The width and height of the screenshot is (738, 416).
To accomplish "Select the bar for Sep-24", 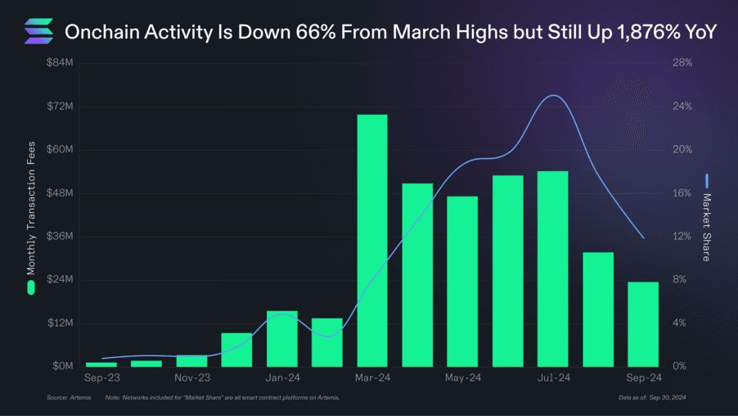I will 643,323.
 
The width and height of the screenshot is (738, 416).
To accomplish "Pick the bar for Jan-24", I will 282,338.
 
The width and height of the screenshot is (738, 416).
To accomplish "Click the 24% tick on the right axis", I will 682,106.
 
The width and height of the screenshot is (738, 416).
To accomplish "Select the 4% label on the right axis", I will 680,323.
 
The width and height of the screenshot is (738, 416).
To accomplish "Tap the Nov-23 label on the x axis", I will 193,378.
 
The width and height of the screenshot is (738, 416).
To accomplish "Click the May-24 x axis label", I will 463,378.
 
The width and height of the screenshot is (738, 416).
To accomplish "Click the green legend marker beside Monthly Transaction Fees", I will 31,287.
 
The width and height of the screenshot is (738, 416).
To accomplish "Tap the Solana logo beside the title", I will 38,32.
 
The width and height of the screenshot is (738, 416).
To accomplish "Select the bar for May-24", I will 462,281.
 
